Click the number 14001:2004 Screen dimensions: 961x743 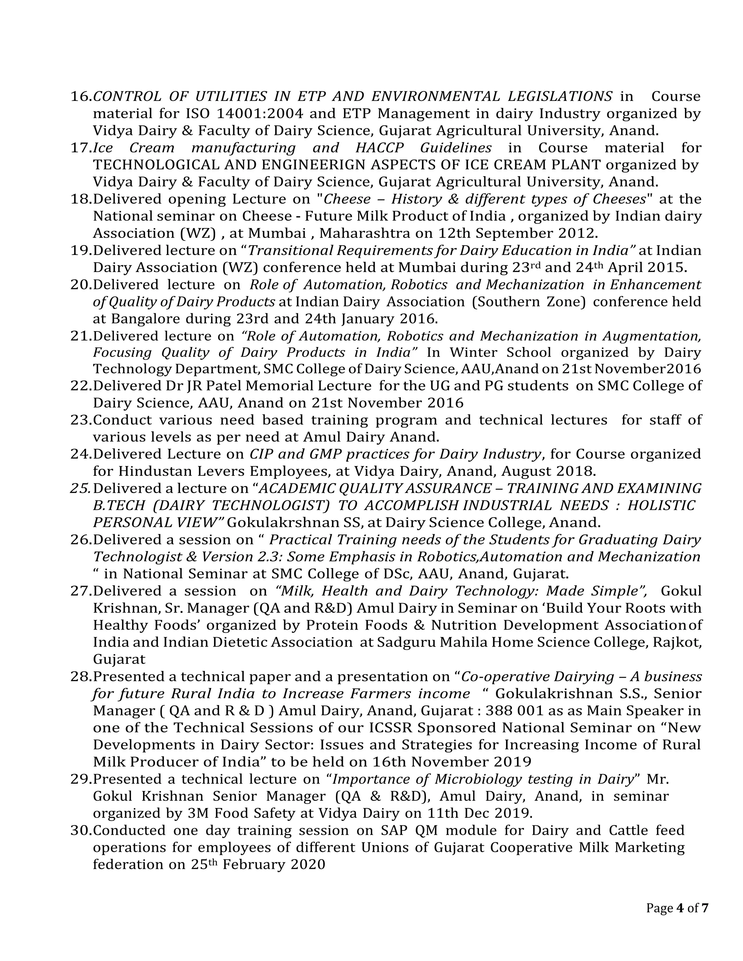260,114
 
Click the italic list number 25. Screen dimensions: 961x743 81,488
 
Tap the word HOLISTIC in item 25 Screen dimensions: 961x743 661,505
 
